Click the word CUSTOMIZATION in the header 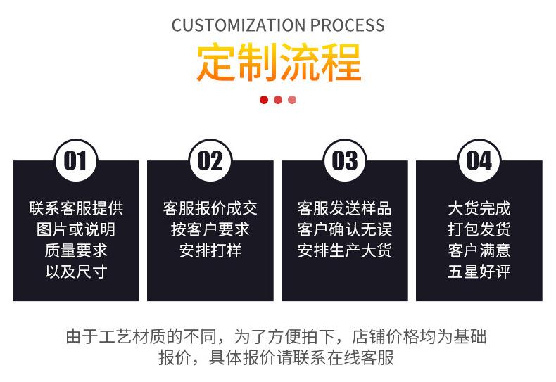pyautogui.click(x=239, y=25)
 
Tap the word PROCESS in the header pyautogui.click(x=348, y=25)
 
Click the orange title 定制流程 pyautogui.click(x=279, y=63)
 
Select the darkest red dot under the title pyautogui.click(x=263, y=100)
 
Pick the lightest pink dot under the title pyautogui.click(x=292, y=100)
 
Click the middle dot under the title pyautogui.click(x=277, y=100)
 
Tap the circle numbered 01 pyautogui.click(x=76, y=160)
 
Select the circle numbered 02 pyautogui.click(x=210, y=160)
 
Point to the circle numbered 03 pyautogui.click(x=345, y=160)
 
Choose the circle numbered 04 pyautogui.click(x=479, y=160)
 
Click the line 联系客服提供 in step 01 pyautogui.click(x=76, y=208)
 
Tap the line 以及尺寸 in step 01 pyautogui.click(x=76, y=272)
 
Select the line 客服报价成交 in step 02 pyautogui.click(x=210, y=208)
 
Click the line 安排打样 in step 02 pyautogui.click(x=210, y=250)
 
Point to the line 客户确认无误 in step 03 pyautogui.click(x=345, y=229)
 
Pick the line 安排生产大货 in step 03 pyautogui.click(x=345, y=250)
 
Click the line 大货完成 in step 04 pyautogui.click(x=479, y=208)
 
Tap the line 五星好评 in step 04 pyautogui.click(x=479, y=272)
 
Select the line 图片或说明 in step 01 pyautogui.click(x=76, y=229)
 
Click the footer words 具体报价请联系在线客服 pyautogui.click(x=301, y=357)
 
